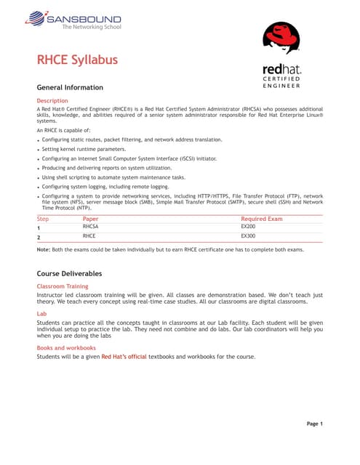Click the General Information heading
pos(70,87)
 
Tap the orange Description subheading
pos(52,100)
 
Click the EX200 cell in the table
pos(248,226)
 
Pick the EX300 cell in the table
pos(248,236)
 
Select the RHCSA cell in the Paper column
pos(91,226)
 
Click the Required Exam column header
pos(261,217)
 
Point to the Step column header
pos(43,217)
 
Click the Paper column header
pos(91,217)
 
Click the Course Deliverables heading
pos(69,274)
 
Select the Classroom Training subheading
pos(63,287)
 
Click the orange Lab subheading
pos(41,314)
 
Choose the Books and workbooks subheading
pos(66,347)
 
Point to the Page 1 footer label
pos(314,424)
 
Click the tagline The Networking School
pos(91,27)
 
